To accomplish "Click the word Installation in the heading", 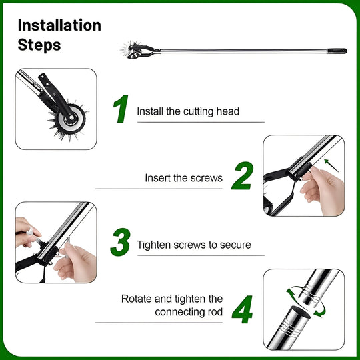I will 59,25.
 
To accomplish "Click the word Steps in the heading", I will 39,45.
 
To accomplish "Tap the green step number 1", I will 120,109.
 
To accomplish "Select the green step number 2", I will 243,177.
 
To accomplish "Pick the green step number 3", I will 120,243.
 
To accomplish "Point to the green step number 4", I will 243,309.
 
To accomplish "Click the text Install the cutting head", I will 188,111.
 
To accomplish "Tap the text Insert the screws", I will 183,178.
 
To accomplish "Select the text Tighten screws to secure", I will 194,245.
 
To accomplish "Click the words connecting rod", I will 189,312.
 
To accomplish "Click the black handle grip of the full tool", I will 338,50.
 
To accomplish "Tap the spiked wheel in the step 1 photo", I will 69,120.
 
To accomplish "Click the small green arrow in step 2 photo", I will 331,165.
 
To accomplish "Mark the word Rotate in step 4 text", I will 137,299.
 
